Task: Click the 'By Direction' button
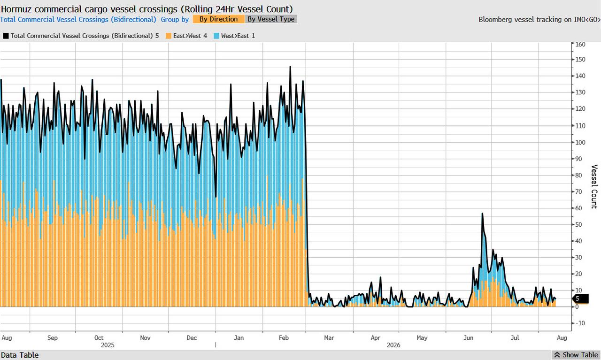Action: click(x=218, y=19)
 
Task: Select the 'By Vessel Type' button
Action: click(x=271, y=19)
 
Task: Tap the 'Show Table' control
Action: click(x=576, y=355)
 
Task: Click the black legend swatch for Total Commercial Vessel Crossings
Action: click(x=6, y=36)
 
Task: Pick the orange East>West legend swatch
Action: click(x=169, y=36)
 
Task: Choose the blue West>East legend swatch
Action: click(x=216, y=36)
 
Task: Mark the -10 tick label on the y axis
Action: click(x=580, y=323)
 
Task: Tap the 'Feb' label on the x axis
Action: click(x=284, y=338)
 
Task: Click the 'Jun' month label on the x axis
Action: click(x=469, y=338)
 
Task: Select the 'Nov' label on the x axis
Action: click(x=145, y=338)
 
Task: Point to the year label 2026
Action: click(x=393, y=345)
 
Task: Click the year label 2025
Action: click(x=108, y=345)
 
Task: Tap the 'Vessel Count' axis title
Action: click(x=594, y=187)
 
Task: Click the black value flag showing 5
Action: click(x=581, y=299)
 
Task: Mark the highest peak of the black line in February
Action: click(x=290, y=66)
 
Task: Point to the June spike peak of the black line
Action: click(x=482, y=213)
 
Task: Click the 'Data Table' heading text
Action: click(x=20, y=355)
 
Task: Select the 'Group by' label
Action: click(x=175, y=19)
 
